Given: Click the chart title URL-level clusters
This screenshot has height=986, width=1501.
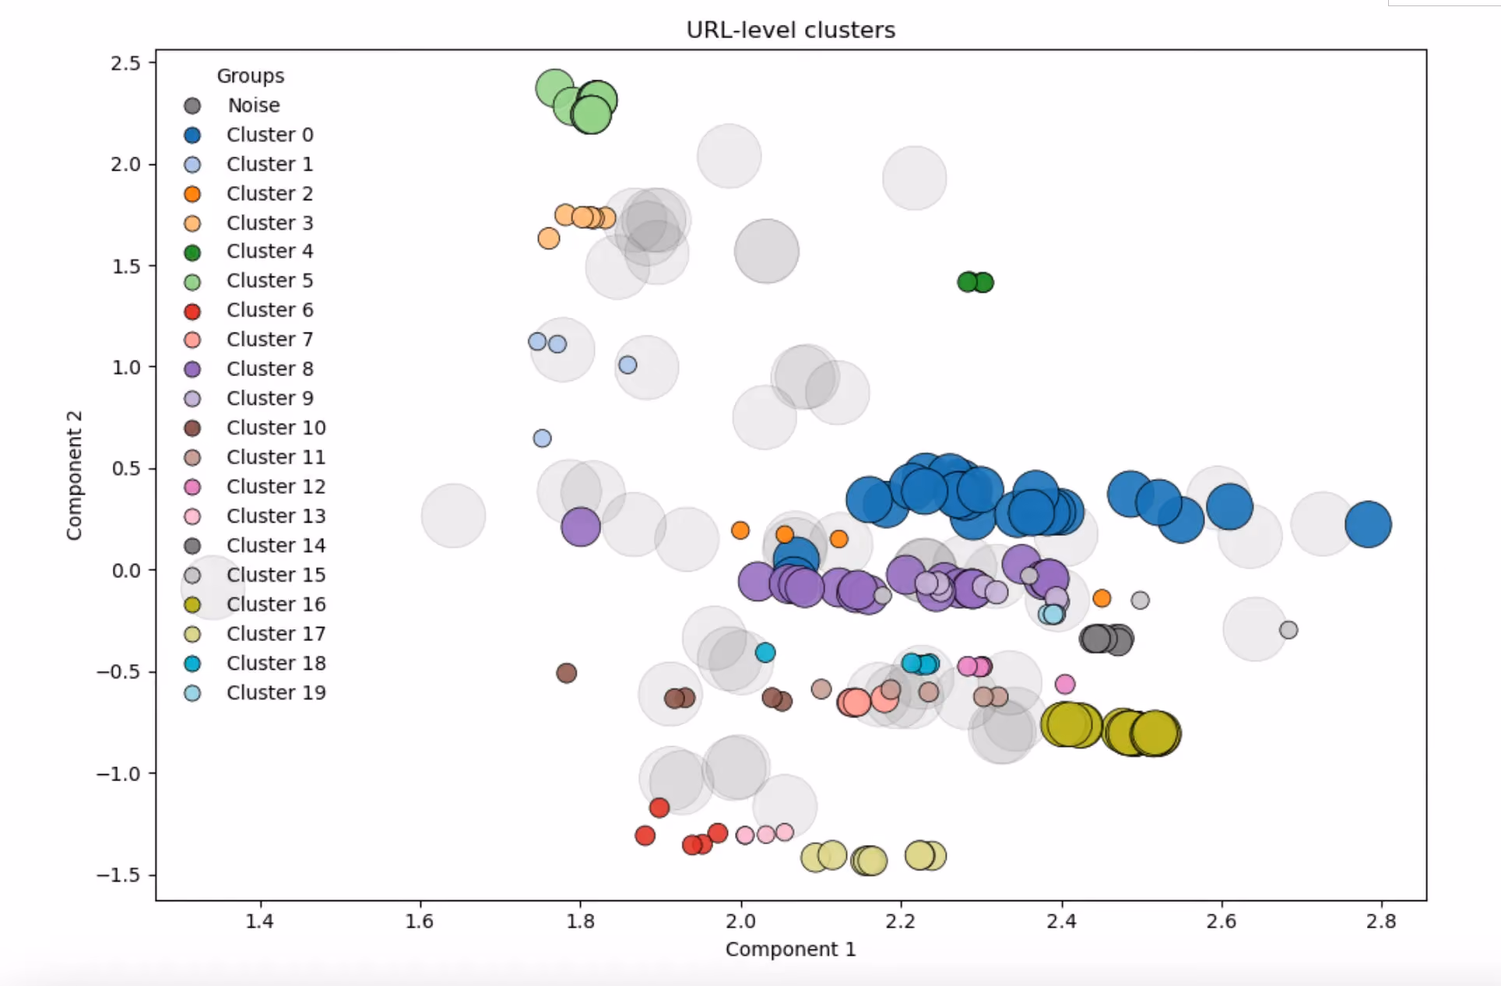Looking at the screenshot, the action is pyautogui.click(x=790, y=30).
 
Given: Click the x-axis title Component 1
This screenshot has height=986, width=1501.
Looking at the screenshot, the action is pyautogui.click(x=790, y=949).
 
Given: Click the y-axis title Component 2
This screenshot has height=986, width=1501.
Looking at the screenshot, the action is pyautogui.click(x=74, y=475).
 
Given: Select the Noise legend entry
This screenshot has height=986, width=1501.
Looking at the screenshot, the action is pyautogui.click(x=233, y=105).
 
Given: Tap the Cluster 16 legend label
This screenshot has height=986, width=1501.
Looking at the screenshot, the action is pyautogui.click(x=276, y=604).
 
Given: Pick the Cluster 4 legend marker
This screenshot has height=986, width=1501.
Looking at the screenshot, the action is pyautogui.click(x=192, y=252).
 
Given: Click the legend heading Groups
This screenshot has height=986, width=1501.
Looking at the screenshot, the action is pyautogui.click(x=251, y=76).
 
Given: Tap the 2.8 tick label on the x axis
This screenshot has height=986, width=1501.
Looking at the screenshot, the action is pyautogui.click(x=1382, y=921).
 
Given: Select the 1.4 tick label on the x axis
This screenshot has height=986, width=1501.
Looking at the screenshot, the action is pyautogui.click(x=259, y=921).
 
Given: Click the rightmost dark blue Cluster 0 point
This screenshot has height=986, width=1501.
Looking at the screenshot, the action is pyautogui.click(x=1368, y=524).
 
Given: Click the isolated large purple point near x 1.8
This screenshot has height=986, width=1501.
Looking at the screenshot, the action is pyautogui.click(x=581, y=526).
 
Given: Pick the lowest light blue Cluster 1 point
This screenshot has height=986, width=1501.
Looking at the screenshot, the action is pyautogui.click(x=543, y=438).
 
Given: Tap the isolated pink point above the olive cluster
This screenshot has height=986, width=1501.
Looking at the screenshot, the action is pyautogui.click(x=1065, y=684).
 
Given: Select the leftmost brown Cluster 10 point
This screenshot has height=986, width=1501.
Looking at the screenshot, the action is pyautogui.click(x=567, y=673).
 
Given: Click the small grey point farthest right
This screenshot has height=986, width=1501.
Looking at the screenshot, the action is pyautogui.click(x=1288, y=629).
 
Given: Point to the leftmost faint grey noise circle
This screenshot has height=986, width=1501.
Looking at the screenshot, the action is pyautogui.click(x=213, y=588).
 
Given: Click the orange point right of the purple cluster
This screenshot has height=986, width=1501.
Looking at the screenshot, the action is pyautogui.click(x=1102, y=598).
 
